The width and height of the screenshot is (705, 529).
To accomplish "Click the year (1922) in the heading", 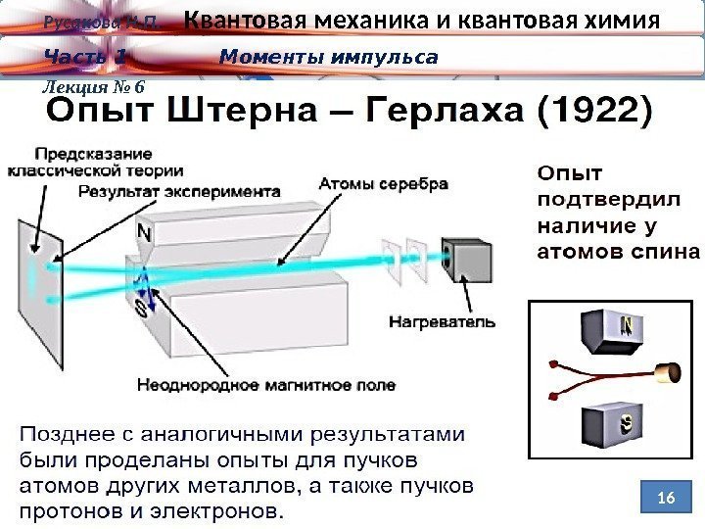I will click(x=593, y=112).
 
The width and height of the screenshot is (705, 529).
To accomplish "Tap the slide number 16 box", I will click(x=666, y=499).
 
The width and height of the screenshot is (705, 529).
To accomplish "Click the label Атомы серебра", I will click(x=384, y=183).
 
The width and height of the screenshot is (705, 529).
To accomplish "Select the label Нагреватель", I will click(x=442, y=320).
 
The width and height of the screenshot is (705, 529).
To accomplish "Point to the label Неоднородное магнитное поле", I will click(x=266, y=385).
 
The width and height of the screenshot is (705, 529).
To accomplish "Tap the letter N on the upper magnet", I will click(x=144, y=234).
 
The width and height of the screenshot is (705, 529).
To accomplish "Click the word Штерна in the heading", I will click(x=248, y=112).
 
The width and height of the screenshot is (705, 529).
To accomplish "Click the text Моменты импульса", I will click(x=329, y=57).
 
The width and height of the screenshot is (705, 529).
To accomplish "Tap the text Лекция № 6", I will click(x=93, y=86).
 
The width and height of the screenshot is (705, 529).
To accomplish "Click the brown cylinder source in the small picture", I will click(x=669, y=374).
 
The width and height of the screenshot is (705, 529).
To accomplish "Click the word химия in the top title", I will click(x=623, y=21).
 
